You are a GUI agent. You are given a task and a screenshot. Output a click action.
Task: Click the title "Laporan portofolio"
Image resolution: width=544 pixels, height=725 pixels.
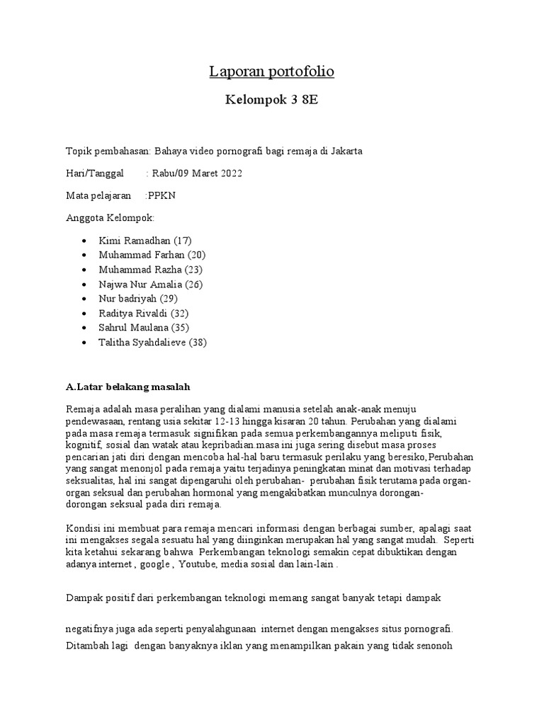(271, 72)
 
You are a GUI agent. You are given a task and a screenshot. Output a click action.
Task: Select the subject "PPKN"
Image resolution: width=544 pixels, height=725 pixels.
(160, 195)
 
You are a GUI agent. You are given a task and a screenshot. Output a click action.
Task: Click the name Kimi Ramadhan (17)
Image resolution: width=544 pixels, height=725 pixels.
(145, 240)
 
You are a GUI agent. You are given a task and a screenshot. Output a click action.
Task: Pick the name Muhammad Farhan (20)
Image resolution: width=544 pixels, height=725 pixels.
(152, 255)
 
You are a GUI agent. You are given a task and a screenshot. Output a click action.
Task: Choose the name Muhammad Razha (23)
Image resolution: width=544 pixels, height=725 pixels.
(151, 270)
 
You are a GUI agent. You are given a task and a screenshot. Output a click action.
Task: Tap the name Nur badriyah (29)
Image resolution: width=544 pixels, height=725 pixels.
(139, 299)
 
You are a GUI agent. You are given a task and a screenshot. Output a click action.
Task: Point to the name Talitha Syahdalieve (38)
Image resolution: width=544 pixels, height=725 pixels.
(153, 343)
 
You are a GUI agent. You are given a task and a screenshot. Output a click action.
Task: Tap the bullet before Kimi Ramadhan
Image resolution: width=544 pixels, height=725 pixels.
(84, 241)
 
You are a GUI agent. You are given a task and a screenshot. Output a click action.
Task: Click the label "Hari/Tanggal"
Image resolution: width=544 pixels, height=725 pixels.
(94, 173)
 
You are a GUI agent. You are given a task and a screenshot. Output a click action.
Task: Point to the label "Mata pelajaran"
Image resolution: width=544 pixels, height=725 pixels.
(98, 195)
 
